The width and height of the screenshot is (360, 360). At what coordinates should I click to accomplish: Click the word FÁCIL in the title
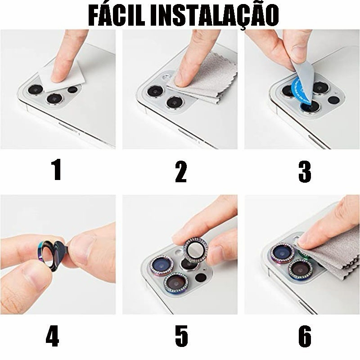[117, 16]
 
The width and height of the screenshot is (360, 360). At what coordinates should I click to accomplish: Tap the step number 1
[57, 170]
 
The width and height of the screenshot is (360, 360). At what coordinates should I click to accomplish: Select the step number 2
[181, 171]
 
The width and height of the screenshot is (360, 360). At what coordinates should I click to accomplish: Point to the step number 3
[305, 171]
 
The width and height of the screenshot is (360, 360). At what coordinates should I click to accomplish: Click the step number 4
[53, 336]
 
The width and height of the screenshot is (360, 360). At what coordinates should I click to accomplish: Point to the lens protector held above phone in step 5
[196, 249]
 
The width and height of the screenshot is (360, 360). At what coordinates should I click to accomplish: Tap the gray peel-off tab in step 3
[303, 78]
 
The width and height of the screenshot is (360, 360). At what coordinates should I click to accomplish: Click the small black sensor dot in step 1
[73, 90]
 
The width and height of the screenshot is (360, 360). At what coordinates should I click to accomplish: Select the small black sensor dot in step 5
[200, 277]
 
